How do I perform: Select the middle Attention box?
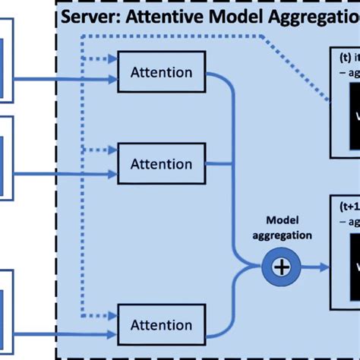pos(161,164)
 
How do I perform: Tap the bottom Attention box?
pos(161,325)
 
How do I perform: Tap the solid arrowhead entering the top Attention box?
pos(112,79)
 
